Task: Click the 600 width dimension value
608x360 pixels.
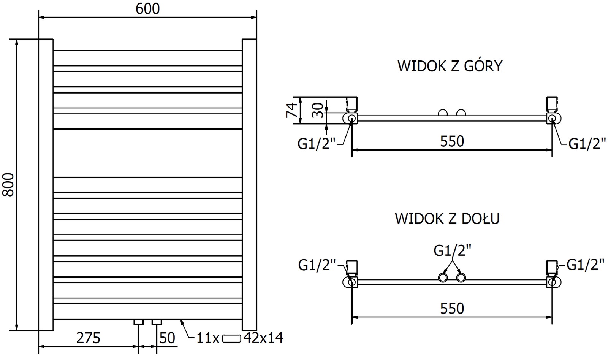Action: coord(148,9)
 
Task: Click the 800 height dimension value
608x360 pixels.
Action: coord(8,185)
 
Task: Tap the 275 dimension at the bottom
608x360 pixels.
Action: coord(89,338)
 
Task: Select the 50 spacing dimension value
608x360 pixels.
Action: coord(167,338)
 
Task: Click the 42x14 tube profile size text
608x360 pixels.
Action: coord(263,338)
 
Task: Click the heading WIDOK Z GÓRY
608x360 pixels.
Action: coord(450,66)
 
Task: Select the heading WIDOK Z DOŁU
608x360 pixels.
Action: coord(447,219)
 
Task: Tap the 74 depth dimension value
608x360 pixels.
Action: coord(292,111)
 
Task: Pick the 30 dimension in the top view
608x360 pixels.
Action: coord(320,111)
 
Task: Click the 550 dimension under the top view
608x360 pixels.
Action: coord(452,141)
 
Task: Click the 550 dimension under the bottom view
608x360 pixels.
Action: coord(452,308)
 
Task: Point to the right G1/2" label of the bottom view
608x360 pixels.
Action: coord(585,265)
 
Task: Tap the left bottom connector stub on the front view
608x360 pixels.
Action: coord(138,322)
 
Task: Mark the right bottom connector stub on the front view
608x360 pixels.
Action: coord(157,322)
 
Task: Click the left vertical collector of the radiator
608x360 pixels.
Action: coord(46,185)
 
